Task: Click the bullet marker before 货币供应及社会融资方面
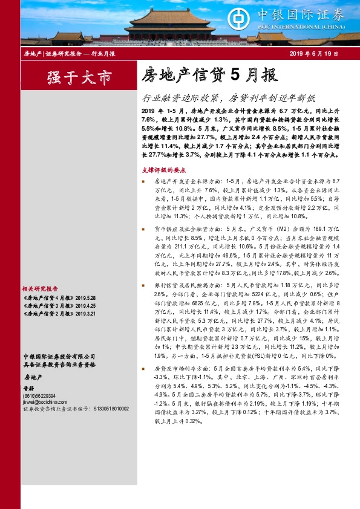[143, 230]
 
